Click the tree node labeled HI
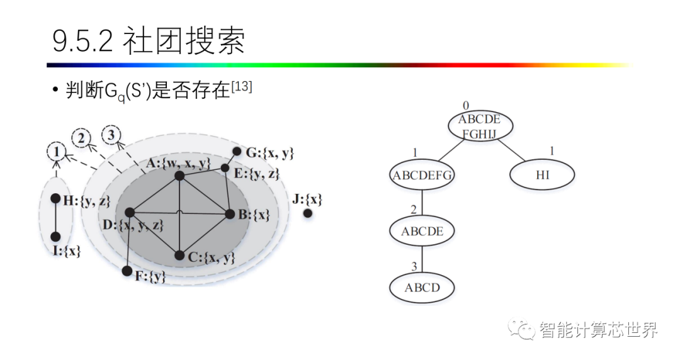click(x=543, y=175)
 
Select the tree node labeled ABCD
click(x=422, y=288)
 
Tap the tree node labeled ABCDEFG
click(x=422, y=175)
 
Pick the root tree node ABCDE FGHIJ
click(x=480, y=125)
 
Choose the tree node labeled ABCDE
click(x=422, y=231)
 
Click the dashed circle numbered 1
click(x=57, y=151)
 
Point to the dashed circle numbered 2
click(x=82, y=137)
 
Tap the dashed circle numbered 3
click(x=111, y=134)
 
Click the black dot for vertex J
click(x=307, y=213)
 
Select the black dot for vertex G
click(x=237, y=152)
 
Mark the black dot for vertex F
click(x=127, y=271)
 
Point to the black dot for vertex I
click(x=55, y=237)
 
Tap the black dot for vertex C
click(x=179, y=256)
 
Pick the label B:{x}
click(x=254, y=214)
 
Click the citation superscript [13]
click(x=242, y=87)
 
